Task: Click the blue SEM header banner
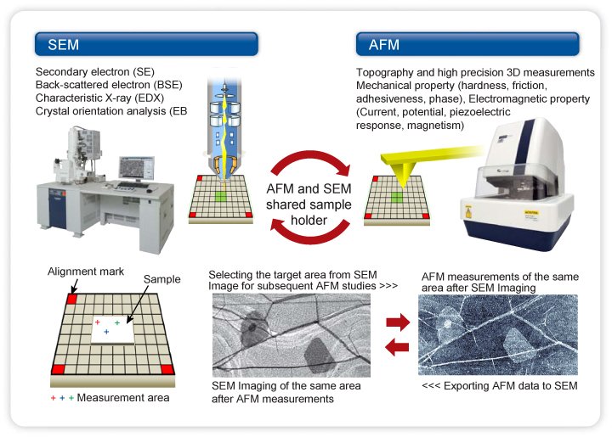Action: click(145, 44)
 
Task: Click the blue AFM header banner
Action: click(467, 44)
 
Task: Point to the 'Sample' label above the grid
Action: click(162, 279)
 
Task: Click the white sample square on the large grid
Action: click(111, 329)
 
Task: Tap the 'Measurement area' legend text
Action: click(122, 397)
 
